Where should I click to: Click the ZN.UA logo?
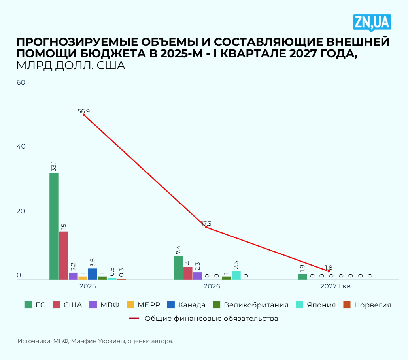(372, 23)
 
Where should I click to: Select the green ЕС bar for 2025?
(54, 226)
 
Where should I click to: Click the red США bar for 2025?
(63, 255)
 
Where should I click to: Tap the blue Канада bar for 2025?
(93, 274)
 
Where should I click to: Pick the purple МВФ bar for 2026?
(198, 276)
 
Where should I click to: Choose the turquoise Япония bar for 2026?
(236, 275)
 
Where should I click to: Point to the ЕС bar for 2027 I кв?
(302, 277)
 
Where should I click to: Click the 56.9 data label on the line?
(83, 111)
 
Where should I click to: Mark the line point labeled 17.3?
(206, 227)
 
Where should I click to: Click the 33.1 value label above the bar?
(54, 166)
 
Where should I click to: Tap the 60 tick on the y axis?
(21, 82)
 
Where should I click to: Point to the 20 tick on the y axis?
(21, 211)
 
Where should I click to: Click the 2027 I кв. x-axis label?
(336, 286)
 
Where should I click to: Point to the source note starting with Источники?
(95, 341)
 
